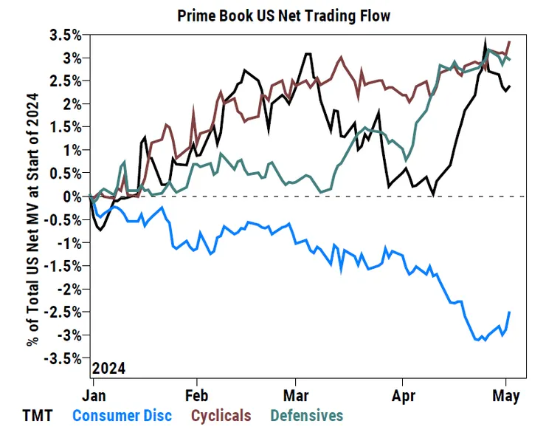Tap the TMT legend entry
click(38, 416)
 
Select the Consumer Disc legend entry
click(122, 416)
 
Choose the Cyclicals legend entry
click(221, 416)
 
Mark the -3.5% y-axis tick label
click(64, 358)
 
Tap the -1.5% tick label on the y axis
click(64, 266)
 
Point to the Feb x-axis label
click(197, 395)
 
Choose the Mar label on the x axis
click(296, 395)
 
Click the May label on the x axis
click(506, 395)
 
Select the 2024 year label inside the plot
click(108, 368)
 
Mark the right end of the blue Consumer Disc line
click(510, 312)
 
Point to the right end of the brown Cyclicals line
click(510, 41)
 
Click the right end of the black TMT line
click(510, 86)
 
